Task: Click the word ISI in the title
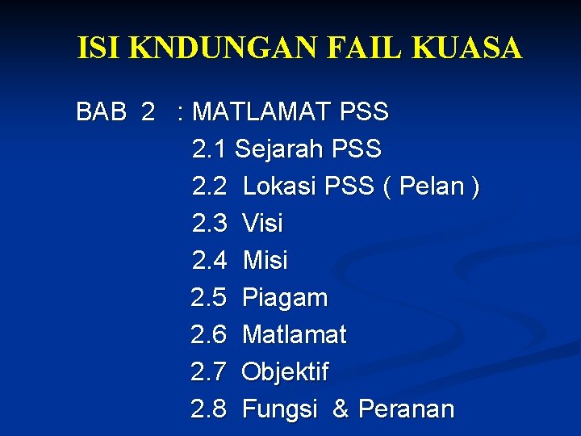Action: (x=100, y=48)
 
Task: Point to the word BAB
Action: (x=101, y=111)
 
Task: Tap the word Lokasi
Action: (x=279, y=187)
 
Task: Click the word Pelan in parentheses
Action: (x=432, y=187)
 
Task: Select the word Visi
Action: (x=262, y=223)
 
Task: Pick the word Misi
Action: (x=265, y=260)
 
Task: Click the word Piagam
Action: (x=285, y=298)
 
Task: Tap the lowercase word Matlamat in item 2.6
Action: (x=294, y=334)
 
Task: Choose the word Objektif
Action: (x=285, y=372)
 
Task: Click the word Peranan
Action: (x=406, y=409)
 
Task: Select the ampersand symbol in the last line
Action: (x=341, y=409)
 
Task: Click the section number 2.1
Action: (x=210, y=149)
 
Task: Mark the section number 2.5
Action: (x=209, y=298)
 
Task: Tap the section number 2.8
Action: (x=209, y=409)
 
